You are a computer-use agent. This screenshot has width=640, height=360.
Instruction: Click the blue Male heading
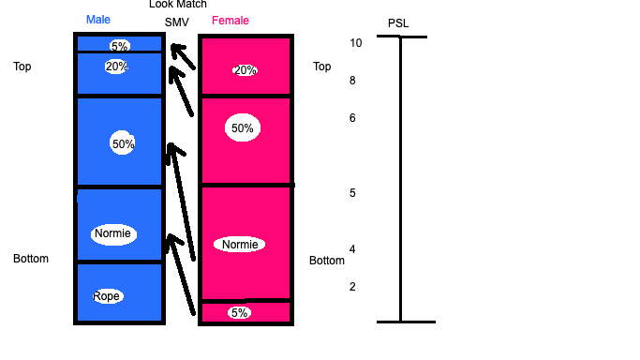98,20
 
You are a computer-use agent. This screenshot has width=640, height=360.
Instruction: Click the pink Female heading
231,21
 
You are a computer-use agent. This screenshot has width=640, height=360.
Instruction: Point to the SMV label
177,22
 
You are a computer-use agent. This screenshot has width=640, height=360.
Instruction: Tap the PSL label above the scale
398,23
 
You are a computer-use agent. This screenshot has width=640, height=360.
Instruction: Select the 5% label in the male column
119,46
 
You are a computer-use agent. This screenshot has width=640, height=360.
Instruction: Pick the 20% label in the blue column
116,67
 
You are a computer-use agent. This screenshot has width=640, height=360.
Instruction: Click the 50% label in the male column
123,143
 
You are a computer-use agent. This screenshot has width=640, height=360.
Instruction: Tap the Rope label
107,296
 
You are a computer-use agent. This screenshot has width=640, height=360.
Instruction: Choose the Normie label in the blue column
112,233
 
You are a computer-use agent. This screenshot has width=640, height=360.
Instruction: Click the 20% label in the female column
245,70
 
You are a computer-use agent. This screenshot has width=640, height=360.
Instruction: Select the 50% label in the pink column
243,128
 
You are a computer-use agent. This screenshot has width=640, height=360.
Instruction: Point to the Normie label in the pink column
240,245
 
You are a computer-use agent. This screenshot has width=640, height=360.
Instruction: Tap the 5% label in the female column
239,312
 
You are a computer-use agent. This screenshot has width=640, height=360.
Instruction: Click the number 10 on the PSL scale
355,43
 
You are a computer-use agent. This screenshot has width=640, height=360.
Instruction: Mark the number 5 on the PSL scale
352,192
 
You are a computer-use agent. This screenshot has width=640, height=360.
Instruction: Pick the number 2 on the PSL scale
352,287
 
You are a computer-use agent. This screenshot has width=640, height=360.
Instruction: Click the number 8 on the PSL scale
352,81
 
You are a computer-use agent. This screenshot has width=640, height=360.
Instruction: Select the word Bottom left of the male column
31,259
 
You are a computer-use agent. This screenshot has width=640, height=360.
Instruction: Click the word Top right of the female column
321,67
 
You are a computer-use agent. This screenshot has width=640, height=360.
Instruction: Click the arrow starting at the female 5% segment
181,275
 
